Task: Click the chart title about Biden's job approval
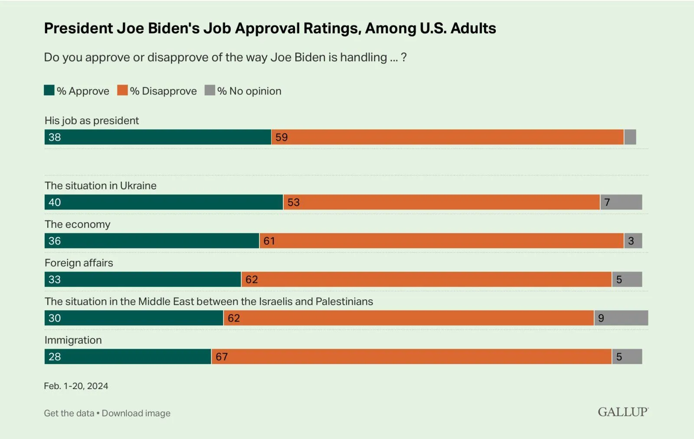tap(270, 29)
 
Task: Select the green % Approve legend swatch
tap(49, 90)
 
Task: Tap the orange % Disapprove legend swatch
tap(122, 90)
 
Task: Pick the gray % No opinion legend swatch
tap(210, 90)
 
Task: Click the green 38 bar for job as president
tap(157, 137)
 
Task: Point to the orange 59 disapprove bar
tap(447, 137)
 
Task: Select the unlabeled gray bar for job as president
tap(630, 137)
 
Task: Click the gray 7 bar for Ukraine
tap(621, 202)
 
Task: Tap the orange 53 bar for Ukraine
tap(442, 202)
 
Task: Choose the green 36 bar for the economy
tap(152, 241)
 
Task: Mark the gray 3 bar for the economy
tap(633, 241)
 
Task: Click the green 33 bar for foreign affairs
tap(143, 279)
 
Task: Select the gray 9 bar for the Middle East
tap(621, 318)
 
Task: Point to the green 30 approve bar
tap(134, 318)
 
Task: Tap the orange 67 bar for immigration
tap(412, 357)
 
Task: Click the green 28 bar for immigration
tap(128, 357)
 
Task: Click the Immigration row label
tap(73, 340)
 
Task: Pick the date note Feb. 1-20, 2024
tap(76, 386)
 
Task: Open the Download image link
tap(136, 413)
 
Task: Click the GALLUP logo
tap(623, 412)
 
